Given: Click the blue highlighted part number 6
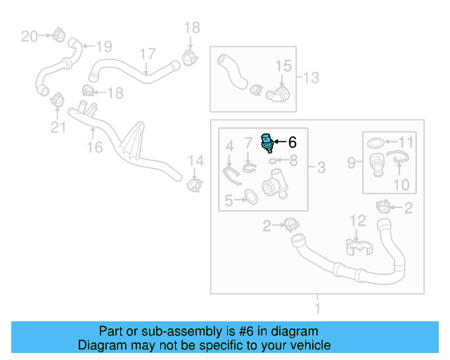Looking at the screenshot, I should [x=267, y=142].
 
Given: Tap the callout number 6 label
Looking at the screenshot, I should [x=292, y=142].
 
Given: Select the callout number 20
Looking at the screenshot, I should [x=29, y=36].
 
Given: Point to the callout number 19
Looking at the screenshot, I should [x=103, y=47].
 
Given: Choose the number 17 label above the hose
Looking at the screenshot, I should [x=147, y=54].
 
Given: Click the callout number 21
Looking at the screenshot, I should [x=57, y=127].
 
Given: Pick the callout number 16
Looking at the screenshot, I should [x=94, y=147].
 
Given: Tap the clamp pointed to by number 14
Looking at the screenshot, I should [x=193, y=184].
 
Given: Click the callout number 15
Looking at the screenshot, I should [x=282, y=66].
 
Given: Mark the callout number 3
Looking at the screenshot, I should [x=321, y=167].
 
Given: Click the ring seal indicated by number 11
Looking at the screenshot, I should [x=377, y=144].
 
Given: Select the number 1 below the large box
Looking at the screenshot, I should [x=317, y=308].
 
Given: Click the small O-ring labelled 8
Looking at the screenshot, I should [x=273, y=160].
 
